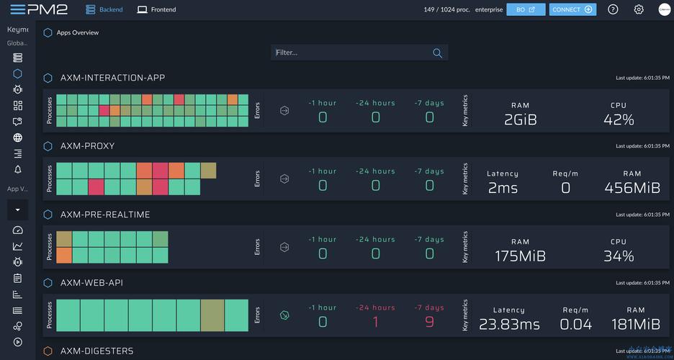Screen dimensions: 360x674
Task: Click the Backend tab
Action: click(104, 9)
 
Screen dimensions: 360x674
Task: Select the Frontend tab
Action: click(156, 9)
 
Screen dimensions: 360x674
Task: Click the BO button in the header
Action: click(526, 9)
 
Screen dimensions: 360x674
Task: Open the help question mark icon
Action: click(613, 9)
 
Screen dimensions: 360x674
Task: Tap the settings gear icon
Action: click(639, 9)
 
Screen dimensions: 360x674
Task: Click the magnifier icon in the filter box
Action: click(437, 53)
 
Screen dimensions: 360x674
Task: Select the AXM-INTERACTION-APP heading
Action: click(112, 78)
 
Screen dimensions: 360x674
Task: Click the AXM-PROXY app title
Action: click(87, 146)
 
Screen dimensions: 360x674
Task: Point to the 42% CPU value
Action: click(619, 120)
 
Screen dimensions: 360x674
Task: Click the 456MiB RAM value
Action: click(632, 188)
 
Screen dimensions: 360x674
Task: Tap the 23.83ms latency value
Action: click(509, 325)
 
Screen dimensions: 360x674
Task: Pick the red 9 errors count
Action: click(429, 322)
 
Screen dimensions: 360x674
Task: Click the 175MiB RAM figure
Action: click(520, 256)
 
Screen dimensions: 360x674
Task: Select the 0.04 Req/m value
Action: click(575, 325)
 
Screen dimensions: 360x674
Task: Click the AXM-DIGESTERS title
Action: click(96, 351)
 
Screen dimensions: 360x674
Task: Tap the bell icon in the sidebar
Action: click(18, 169)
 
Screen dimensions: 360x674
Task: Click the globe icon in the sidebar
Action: click(18, 138)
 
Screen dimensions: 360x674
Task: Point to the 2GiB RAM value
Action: click(520, 120)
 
